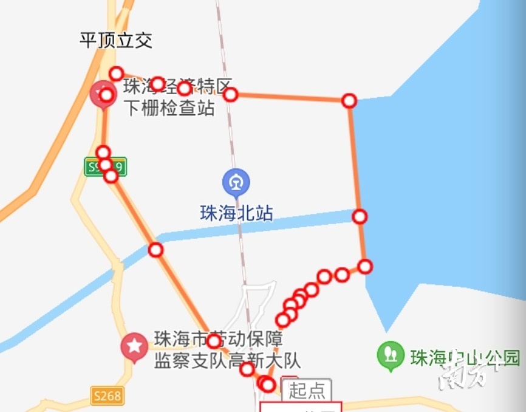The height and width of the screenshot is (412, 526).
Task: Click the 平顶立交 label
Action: pyautogui.click(x=115, y=41)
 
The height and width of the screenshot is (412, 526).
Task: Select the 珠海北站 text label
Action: pyautogui.click(x=236, y=213)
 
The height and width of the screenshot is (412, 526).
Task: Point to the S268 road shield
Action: pyautogui.click(x=108, y=396)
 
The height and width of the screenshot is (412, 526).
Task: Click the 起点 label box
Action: pyautogui.click(x=307, y=390)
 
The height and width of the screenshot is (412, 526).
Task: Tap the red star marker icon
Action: pyautogui.click(x=134, y=346)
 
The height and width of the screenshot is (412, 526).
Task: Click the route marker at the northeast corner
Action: pyautogui.click(x=349, y=101)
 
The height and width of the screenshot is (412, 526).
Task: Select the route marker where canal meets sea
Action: pyautogui.click(x=360, y=216)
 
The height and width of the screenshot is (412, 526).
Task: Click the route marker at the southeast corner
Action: pyautogui.click(x=364, y=266)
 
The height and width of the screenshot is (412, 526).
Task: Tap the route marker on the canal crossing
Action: pyautogui.click(x=156, y=250)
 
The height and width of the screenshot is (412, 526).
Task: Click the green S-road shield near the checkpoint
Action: pyautogui.click(x=106, y=167)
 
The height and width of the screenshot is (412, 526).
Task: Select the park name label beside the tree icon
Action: pyautogui.click(x=465, y=357)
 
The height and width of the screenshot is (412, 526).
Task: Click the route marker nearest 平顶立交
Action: pyautogui.click(x=116, y=74)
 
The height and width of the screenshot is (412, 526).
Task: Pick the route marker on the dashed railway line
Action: pyautogui.click(x=230, y=94)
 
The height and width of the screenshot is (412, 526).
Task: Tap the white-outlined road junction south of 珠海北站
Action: pyautogui.click(x=255, y=310)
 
